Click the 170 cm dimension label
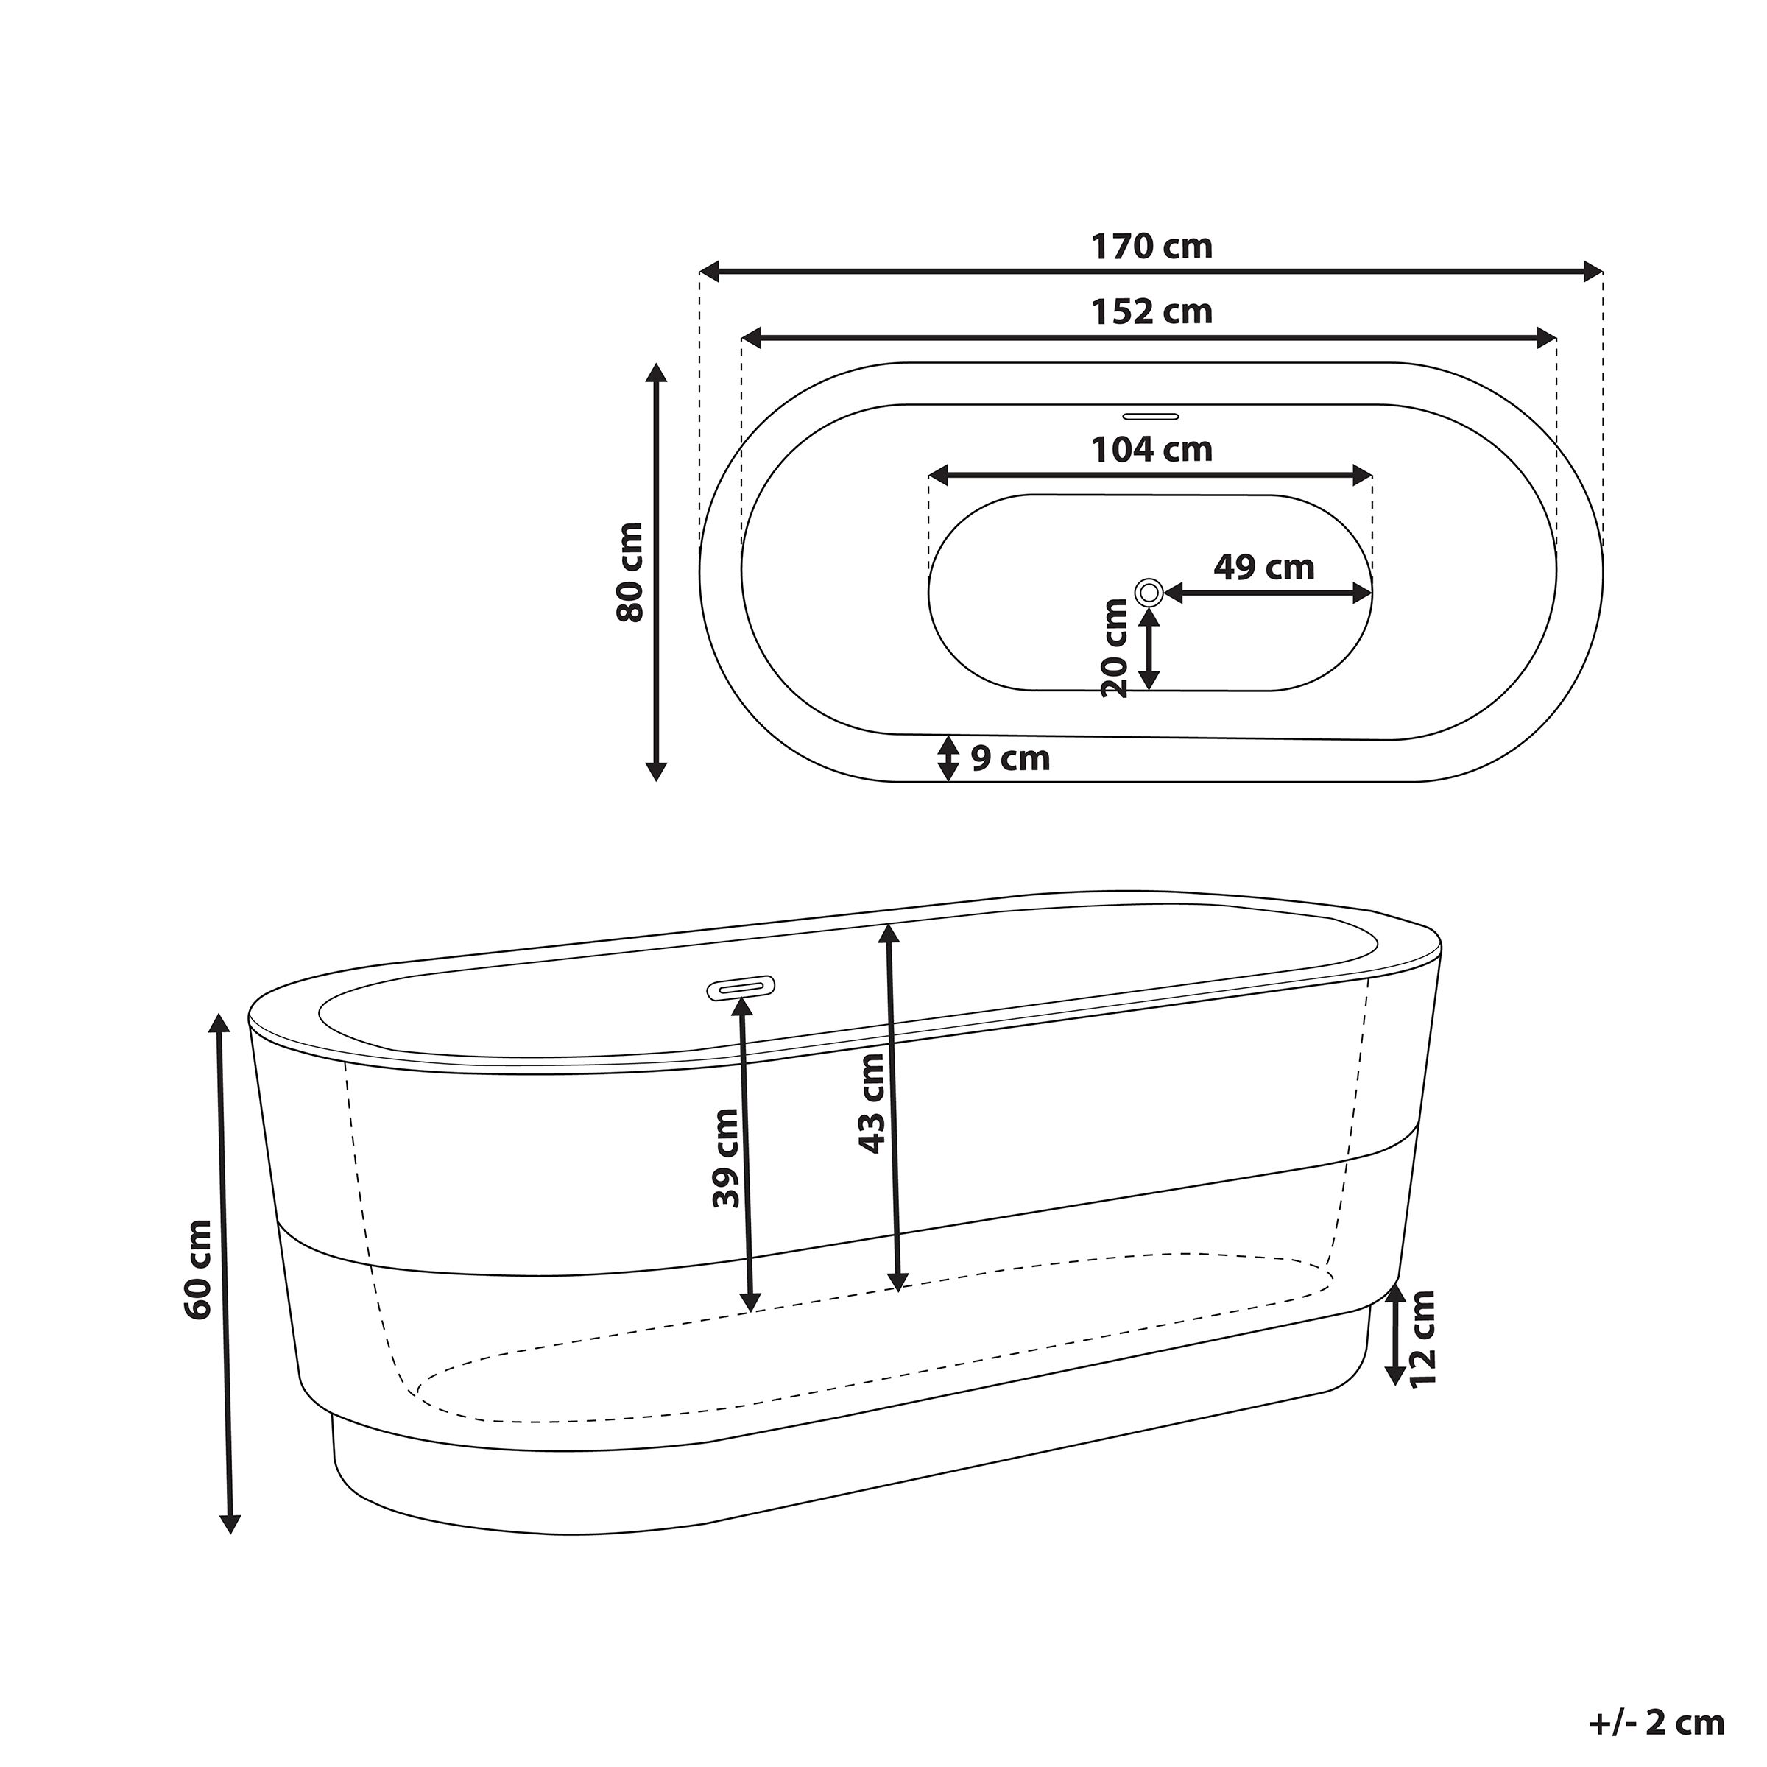pyautogui.click(x=1151, y=247)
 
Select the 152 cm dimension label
pyautogui.click(x=1151, y=312)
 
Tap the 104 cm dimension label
pyautogui.click(x=1151, y=449)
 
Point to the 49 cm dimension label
pyautogui.click(x=1264, y=567)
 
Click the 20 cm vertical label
pyautogui.click(x=1115, y=649)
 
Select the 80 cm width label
pyautogui.click(x=630, y=573)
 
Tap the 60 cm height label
pyautogui.click(x=197, y=1269)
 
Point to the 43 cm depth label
pyautogui.click(x=872, y=1103)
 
